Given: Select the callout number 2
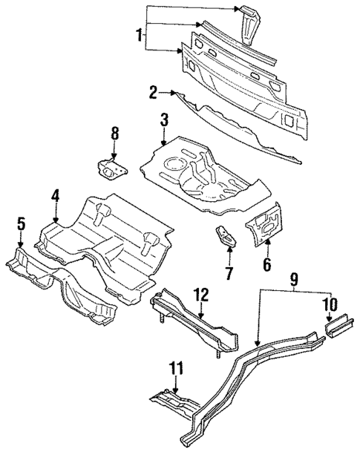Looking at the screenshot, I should [153, 93].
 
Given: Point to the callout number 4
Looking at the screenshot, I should [56, 196].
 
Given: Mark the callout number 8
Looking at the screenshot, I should [114, 134].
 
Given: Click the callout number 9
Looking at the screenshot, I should [294, 279].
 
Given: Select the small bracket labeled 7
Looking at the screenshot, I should [226, 237].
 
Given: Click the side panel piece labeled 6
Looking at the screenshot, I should [266, 223].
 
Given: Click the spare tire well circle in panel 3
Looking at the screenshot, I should [176, 162].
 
